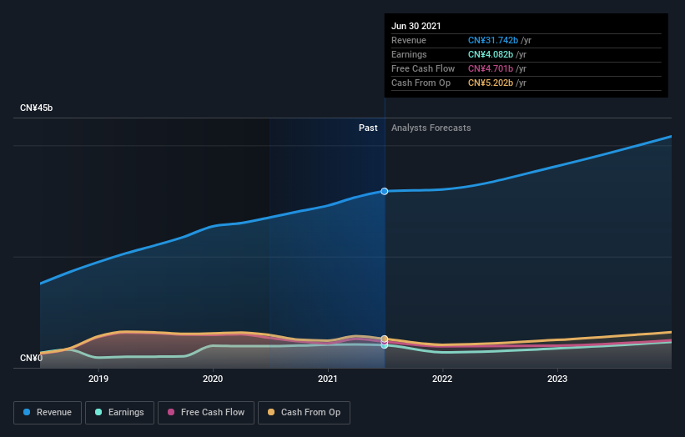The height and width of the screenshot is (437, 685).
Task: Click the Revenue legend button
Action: (48, 412)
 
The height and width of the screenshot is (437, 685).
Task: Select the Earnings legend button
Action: (119, 412)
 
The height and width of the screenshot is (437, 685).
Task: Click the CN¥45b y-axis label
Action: (37, 108)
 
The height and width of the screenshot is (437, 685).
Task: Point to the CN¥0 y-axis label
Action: (31, 359)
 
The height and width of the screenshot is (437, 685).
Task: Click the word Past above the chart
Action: (368, 128)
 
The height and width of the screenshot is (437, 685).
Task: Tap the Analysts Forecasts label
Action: (431, 128)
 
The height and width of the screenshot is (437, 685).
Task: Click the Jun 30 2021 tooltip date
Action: (416, 25)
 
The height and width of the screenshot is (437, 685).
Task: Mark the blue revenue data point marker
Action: (385, 191)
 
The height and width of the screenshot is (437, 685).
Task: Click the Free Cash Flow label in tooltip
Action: (422, 68)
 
